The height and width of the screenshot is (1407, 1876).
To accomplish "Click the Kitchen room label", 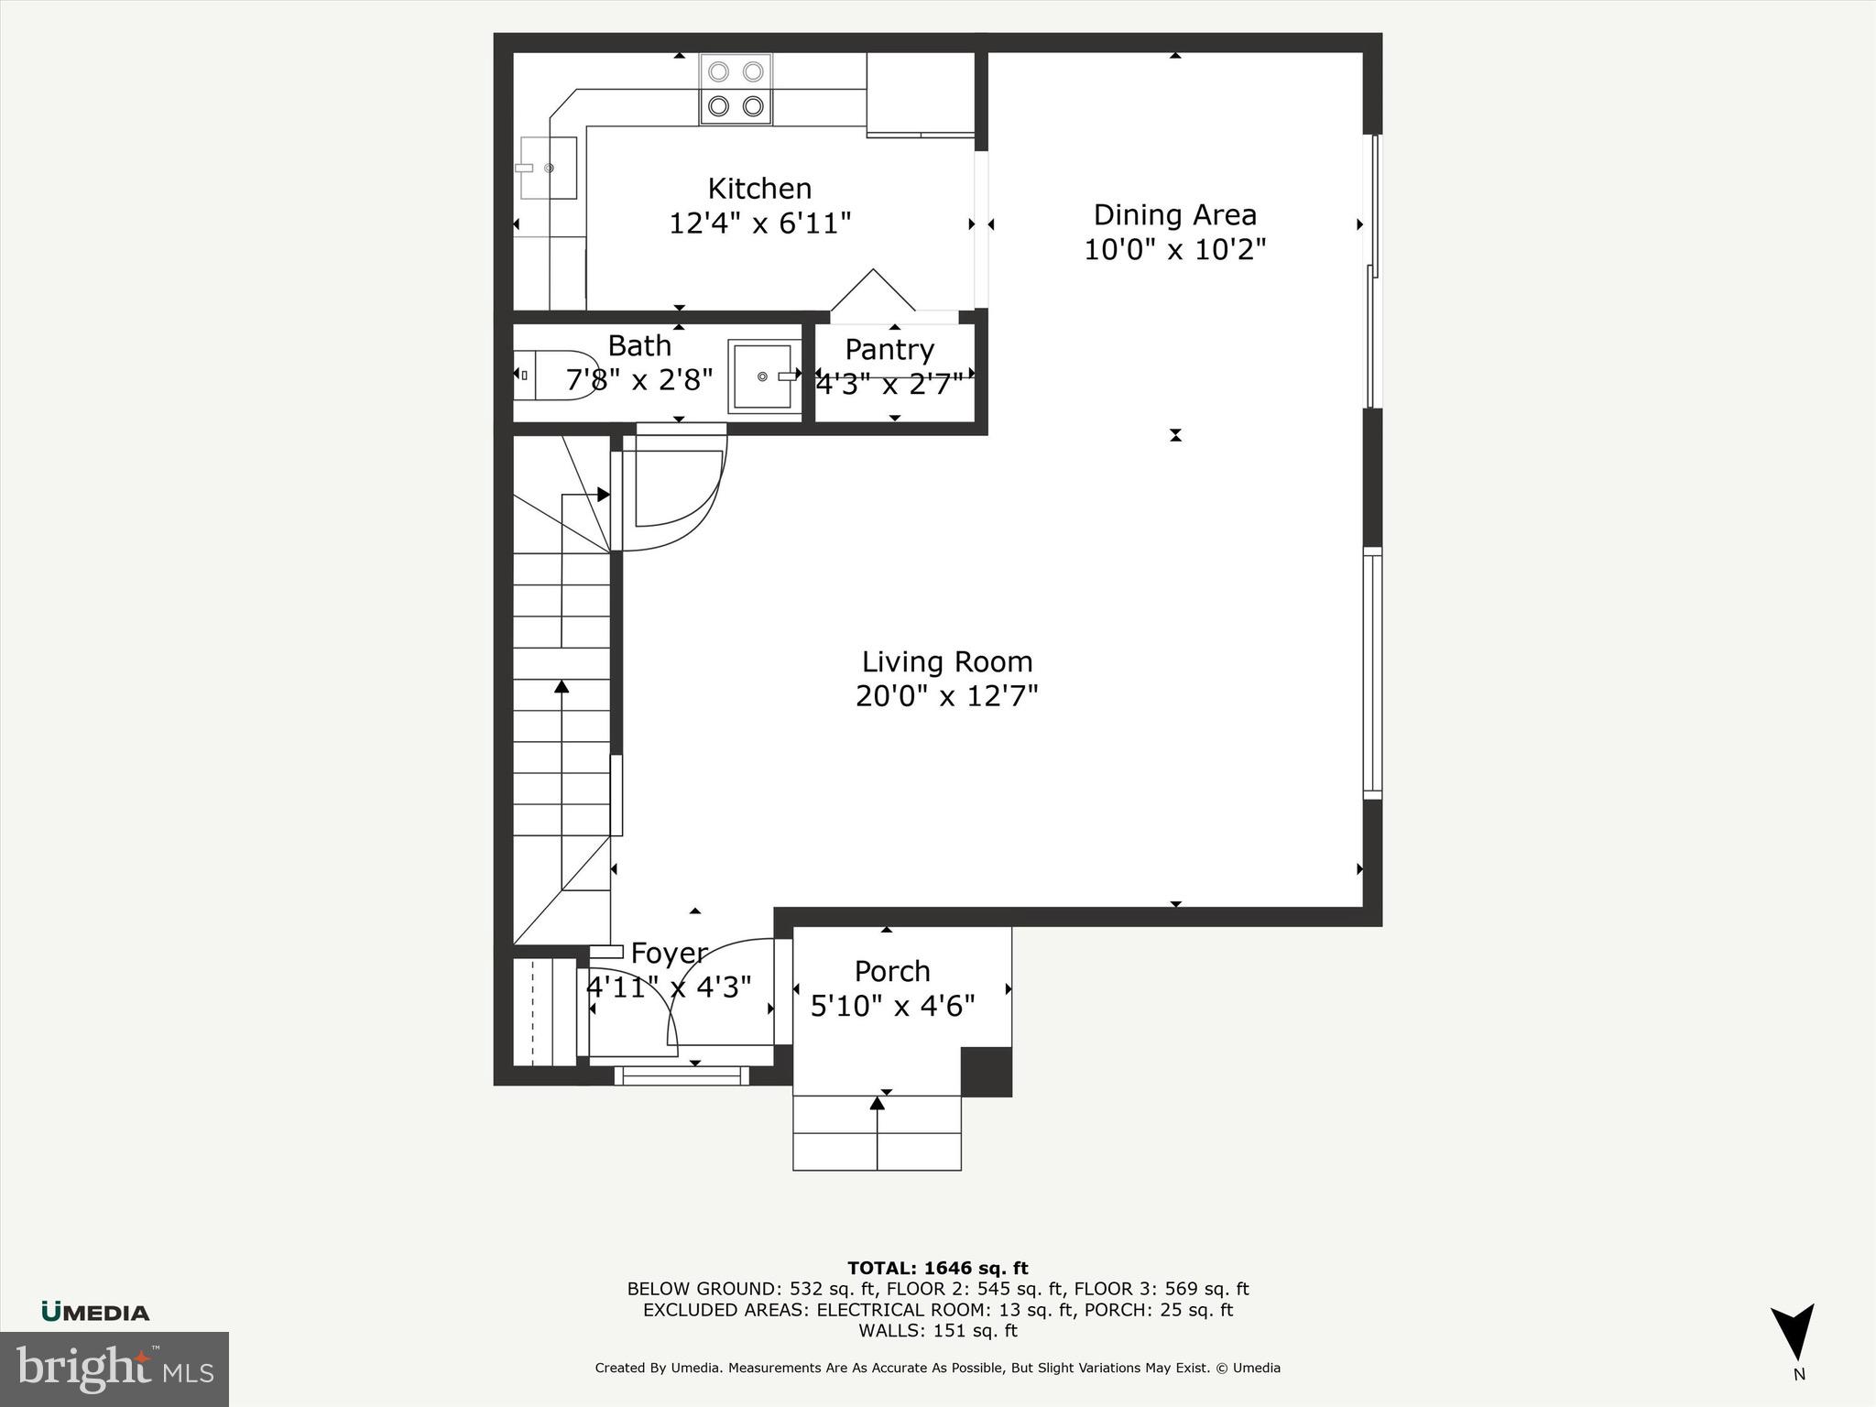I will coord(759,189).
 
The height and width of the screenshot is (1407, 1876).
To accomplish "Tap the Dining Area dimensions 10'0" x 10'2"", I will coord(1174,249).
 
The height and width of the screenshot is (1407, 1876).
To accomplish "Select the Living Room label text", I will coord(946,661).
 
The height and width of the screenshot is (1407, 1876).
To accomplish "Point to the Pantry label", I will coord(889,350).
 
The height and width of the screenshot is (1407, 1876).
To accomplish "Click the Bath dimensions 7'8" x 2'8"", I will coord(639,379).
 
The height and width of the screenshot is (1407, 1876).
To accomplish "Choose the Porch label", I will coord(892,971).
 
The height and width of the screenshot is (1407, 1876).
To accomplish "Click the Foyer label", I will coord(669,954).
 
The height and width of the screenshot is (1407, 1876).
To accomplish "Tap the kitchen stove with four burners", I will coord(736,89).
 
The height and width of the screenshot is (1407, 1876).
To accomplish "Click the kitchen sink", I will coord(548,168).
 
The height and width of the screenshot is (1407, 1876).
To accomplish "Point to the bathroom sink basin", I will coord(761,376).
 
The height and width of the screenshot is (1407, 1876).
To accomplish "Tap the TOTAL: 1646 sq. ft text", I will coord(937,1269).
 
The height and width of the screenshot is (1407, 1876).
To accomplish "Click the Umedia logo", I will coord(95,1313).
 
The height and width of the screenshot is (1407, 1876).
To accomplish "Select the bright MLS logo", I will coord(114,1369).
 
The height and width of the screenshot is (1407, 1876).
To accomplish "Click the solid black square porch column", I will coord(986,1072).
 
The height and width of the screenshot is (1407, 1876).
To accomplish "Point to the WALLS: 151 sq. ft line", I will coord(937,1331).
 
